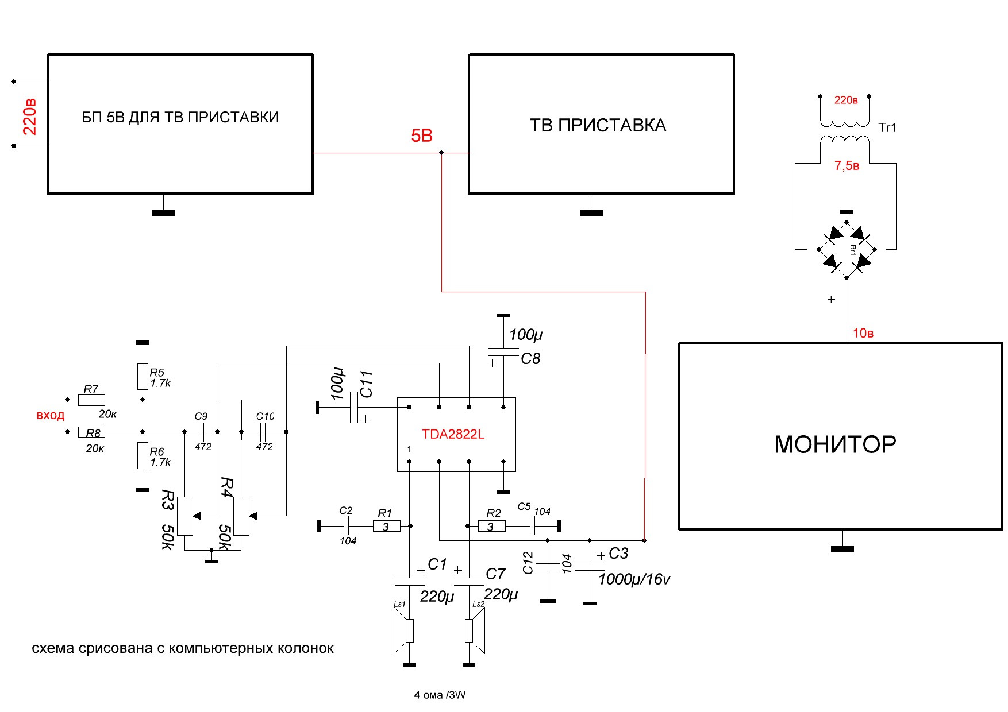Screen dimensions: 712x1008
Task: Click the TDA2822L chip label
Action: [x=453, y=434]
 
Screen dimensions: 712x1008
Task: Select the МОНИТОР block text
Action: [x=835, y=444]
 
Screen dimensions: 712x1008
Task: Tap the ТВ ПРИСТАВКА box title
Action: [x=598, y=125]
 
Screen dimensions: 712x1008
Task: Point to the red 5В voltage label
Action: [x=421, y=136]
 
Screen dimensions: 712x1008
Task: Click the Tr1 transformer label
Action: [x=887, y=127]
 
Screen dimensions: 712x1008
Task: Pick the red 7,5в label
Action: [x=847, y=166]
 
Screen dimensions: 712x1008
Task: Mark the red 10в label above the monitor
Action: [x=863, y=333]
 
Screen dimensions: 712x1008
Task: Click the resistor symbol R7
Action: [x=91, y=400]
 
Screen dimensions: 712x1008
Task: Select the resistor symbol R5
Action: [x=143, y=376]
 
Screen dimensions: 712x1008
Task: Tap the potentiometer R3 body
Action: [x=184, y=516]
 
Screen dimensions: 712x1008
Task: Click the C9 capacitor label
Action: [x=201, y=416]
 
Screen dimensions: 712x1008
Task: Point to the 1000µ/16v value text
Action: [x=634, y=579]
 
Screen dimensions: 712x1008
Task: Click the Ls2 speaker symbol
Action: [x=475, y=630]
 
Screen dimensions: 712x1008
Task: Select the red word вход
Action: [x=50, y=415]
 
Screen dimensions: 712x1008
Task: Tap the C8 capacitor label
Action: [x=530, y=359]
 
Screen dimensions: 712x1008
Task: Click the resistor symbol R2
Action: [x=492, y=525]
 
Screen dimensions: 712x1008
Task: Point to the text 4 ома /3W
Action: [x=440, y=695]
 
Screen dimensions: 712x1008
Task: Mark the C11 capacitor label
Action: [x=366, y=384]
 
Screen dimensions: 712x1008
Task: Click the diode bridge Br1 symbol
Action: [x=847, y=250]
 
